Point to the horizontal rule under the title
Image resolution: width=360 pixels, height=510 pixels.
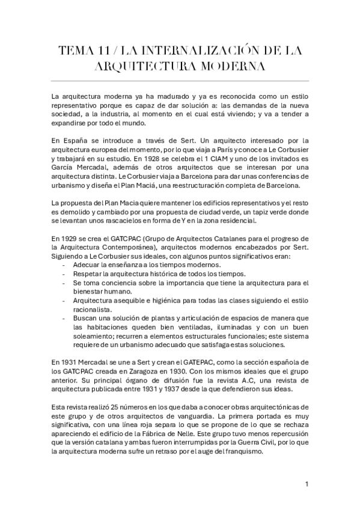pos(180,81)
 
